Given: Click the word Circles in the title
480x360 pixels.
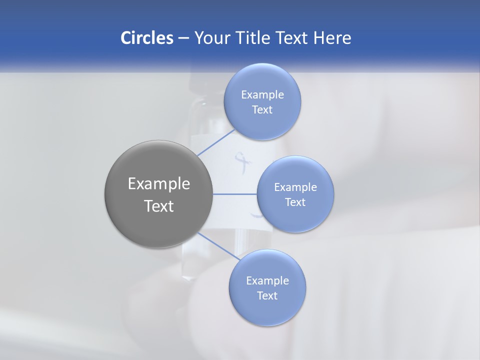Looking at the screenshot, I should coord(146,38).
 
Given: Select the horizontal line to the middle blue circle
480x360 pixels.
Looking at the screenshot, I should coord(235,194).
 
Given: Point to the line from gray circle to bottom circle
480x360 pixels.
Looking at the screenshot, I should coord(219,246).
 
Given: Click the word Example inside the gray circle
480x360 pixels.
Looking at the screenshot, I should coord(159,184).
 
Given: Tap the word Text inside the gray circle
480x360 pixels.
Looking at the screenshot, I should coord(159,206).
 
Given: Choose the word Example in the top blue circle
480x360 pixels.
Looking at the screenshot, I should coord(262,95).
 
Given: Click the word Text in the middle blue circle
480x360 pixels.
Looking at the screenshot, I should coord(295,202).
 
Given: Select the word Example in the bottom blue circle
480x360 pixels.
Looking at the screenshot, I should coord(267,281).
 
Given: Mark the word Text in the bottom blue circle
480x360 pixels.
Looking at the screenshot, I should coord(267,296).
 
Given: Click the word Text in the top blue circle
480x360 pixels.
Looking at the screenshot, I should coord(262,110).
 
